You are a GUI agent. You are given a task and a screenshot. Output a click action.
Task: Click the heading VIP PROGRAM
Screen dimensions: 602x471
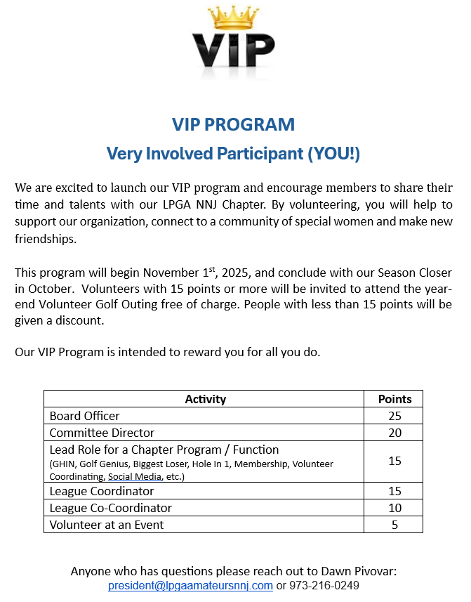click(234, 125)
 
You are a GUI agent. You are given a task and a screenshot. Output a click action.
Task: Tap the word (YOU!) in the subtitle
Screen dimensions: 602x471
click(334, 153)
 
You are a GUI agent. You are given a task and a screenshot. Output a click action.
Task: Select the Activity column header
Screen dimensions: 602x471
click(205, 399)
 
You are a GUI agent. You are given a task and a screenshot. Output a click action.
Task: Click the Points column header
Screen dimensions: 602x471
click(394, 399)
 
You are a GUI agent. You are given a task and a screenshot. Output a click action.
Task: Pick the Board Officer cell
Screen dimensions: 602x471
click(85, 416)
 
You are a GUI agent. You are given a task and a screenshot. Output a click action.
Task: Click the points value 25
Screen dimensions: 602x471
click(394, 416)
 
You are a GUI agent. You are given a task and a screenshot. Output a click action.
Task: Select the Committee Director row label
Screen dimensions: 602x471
click(102, 433)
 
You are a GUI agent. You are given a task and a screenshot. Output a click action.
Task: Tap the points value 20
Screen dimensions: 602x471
click(394, 433)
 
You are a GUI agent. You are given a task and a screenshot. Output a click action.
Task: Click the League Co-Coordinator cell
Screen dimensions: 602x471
click(111, 508)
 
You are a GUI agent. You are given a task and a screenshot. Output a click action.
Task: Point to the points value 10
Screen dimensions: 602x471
click(394, 508)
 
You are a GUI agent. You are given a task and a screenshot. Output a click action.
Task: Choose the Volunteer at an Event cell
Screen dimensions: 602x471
click(107, 525)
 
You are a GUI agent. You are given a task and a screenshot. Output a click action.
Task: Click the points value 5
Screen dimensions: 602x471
click(394, 525)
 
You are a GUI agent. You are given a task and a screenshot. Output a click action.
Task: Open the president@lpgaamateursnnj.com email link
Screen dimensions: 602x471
click(190, 586)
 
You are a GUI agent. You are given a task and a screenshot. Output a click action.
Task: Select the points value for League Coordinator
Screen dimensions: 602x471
click(394, 491)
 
